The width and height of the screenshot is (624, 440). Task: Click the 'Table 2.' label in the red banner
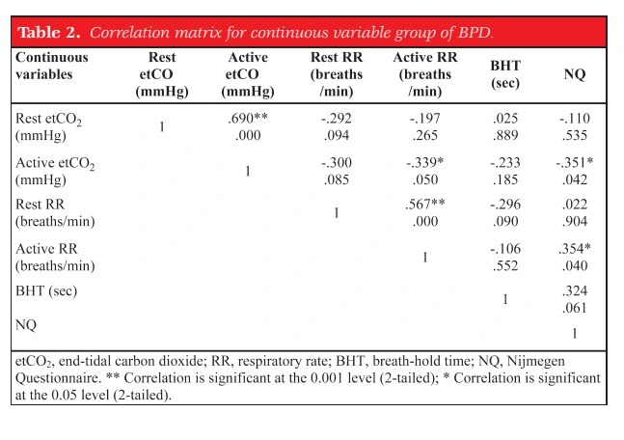pos(49,32)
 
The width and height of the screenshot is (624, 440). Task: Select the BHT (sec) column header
pos(505,74)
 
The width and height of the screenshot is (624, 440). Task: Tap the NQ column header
pos(574,74)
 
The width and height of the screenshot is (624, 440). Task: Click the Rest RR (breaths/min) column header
pos(337,74)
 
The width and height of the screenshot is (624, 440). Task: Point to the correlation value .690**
pos(248,119)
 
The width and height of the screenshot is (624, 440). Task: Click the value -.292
pos(337,119)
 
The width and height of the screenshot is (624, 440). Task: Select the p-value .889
pos(505,135)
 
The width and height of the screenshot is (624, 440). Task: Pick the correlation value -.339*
pos(424,162)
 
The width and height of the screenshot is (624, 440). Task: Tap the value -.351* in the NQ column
pos(574,162)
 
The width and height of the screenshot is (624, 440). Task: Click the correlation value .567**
pos(424,205)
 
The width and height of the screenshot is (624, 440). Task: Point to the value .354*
pos(574,249)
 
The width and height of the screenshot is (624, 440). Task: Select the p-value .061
pos(574,308)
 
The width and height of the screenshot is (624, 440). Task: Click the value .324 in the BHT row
pos(574,290)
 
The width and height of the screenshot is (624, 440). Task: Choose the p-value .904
pos(574,221)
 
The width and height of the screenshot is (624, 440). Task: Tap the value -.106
pos(505,249)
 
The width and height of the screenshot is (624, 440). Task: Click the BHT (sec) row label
pos(46,291)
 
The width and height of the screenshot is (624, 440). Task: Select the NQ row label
pos(26,325)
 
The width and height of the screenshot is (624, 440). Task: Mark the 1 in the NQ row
pos(574,333)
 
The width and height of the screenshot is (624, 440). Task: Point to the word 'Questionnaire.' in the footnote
pos(59,378)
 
